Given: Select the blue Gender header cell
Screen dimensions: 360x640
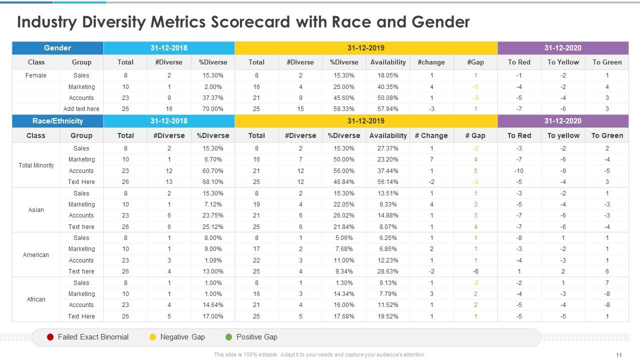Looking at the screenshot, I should pyautogui.click(x=57, y=48).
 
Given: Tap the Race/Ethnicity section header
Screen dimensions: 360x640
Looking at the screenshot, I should pyautogui.click(x=57, y=121).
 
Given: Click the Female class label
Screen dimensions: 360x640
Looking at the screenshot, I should pyautogui.click(x=36, y=75).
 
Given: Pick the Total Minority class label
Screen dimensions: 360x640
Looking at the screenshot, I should pyautogui.click(x=36, y=165).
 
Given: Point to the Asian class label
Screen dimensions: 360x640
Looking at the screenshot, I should pyautogui.click(x=36, y=210).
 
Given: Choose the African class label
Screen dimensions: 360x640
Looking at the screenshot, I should pyautogui.click(x=36, y=299).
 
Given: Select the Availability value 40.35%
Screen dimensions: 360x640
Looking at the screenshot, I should pyautogui.click(x=388, y=87).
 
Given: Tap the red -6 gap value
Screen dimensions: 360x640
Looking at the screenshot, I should pyautogui.click(x=475, y=271).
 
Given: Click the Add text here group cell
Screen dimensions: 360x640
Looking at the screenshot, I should pyautogui.click(x=81, y=109).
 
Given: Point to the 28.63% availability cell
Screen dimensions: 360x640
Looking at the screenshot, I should pyautogui.click(x=388, y=271).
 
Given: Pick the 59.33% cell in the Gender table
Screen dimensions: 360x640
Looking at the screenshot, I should pyautogui.click(x=344, y=109).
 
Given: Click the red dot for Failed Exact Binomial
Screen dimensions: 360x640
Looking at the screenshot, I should pyautogui.click(x=50, y=337).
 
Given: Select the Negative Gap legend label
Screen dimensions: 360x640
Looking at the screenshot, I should pyautogui.click(x=182, y=337).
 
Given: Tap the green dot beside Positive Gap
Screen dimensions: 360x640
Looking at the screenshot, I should pyautogui.click(x=229, y=337).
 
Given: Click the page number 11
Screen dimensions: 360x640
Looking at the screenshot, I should pyautogui.click(x=619, y=355).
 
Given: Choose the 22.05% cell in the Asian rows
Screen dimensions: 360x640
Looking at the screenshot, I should pyautogui.click(x=344, y=204).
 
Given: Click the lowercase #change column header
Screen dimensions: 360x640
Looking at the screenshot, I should pyautogui.click(x=431, y=62).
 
